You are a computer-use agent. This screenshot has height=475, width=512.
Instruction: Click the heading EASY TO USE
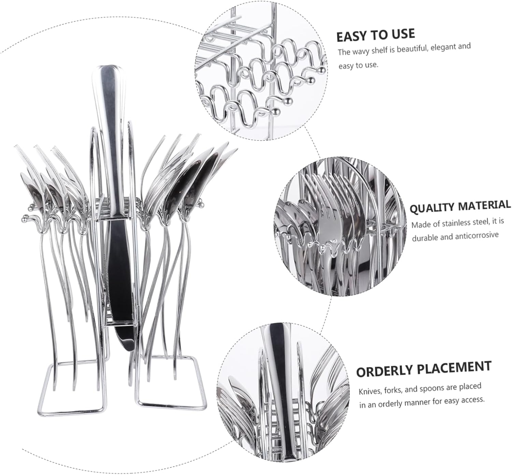pos(375,35)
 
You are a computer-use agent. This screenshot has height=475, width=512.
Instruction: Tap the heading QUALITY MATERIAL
pos(460,207)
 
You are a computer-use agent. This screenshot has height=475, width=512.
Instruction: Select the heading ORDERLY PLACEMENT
pos(424,369)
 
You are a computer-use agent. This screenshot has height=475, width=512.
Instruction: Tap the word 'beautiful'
pos(411,49)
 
